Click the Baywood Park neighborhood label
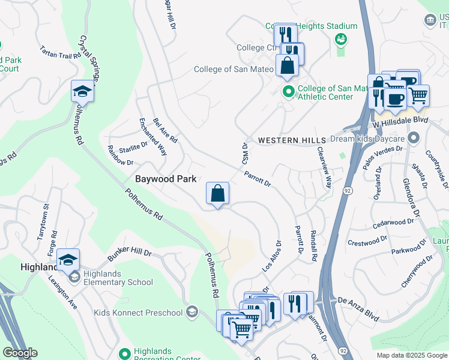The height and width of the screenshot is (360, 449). point(163,179)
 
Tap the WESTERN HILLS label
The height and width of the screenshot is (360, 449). point(287,140)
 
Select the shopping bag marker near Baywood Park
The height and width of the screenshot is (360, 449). point(217,194)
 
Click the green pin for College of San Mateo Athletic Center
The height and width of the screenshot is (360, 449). point(288,92)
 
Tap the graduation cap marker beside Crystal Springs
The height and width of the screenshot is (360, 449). point(83,91)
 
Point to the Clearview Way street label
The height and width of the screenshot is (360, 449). point(324,167)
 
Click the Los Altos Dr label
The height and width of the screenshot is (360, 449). point(271,256)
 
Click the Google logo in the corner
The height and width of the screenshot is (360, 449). point(20,353)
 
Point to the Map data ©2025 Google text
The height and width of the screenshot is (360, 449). point(411,355)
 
